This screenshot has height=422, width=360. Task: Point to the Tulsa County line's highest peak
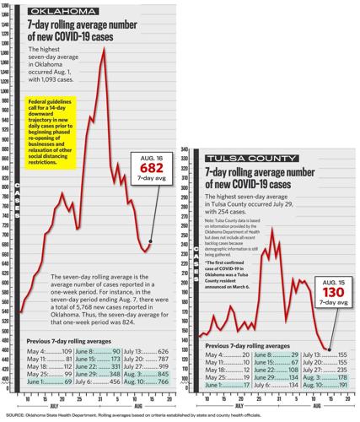271,229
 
